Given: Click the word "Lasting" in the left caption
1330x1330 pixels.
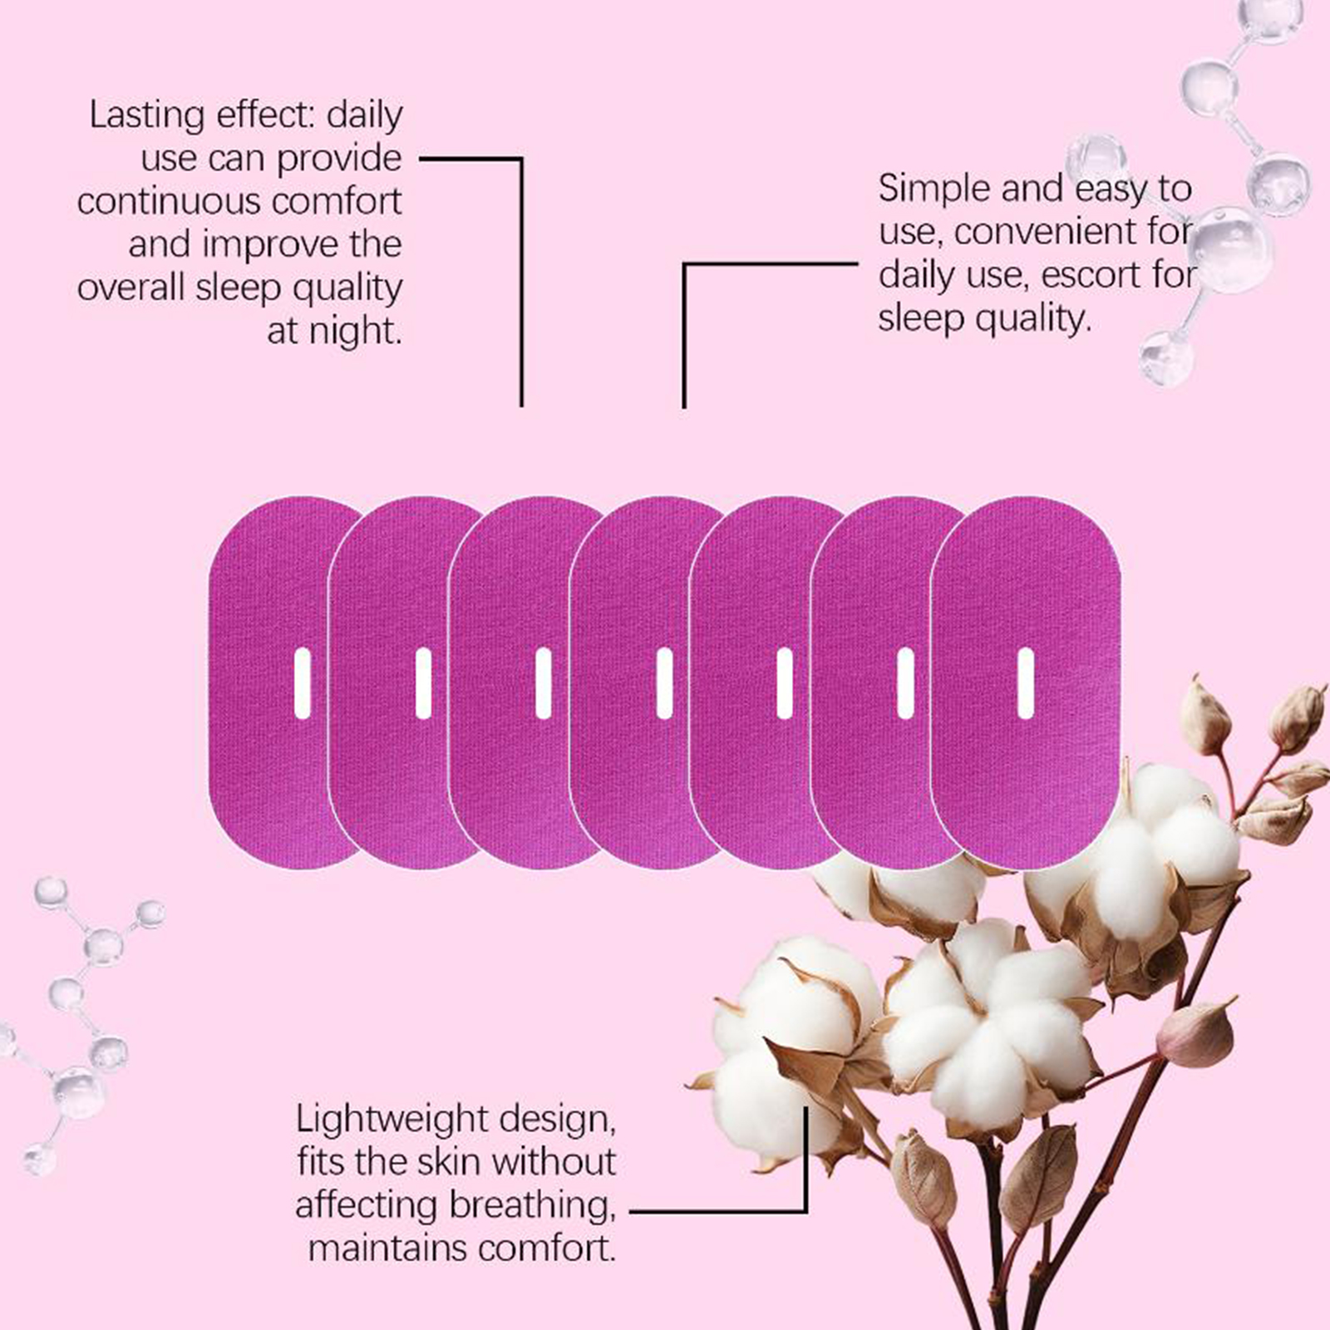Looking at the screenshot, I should pos(146,116).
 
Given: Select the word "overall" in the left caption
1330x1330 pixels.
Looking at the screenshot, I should pos(131,288).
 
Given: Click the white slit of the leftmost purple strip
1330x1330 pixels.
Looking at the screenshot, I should pos(303,683).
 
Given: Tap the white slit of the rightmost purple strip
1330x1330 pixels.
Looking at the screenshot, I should pos(1026,683).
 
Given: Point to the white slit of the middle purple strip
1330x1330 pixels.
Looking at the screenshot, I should pos(664,683).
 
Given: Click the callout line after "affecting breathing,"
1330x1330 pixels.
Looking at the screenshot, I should pos(715,1211).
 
